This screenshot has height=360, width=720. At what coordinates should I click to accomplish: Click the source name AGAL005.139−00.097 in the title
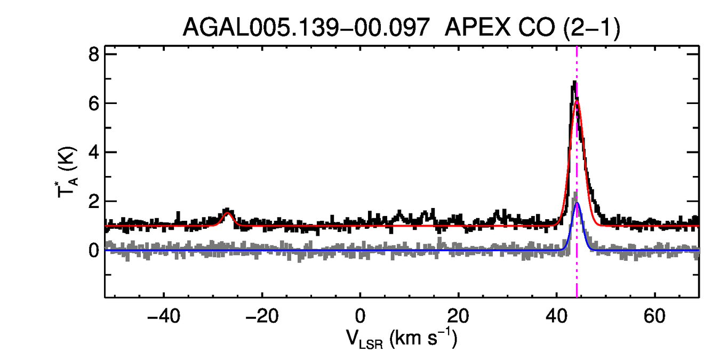click(x=306, y=27)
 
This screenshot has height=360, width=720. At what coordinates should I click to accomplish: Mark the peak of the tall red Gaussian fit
click(x=577, y=101)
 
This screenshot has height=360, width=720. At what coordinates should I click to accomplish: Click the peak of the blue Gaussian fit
click(x=577, y=203)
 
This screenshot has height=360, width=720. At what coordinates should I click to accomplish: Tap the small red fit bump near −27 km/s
click(x=228, y=213)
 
